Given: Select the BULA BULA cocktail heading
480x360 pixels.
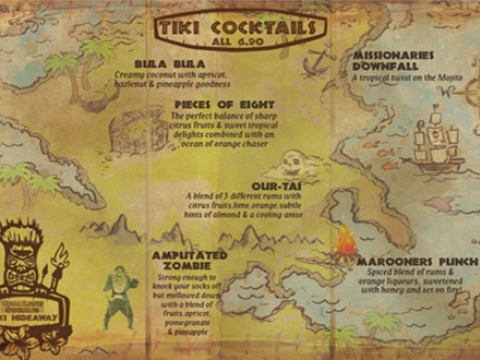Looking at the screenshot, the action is coord(177,62).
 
